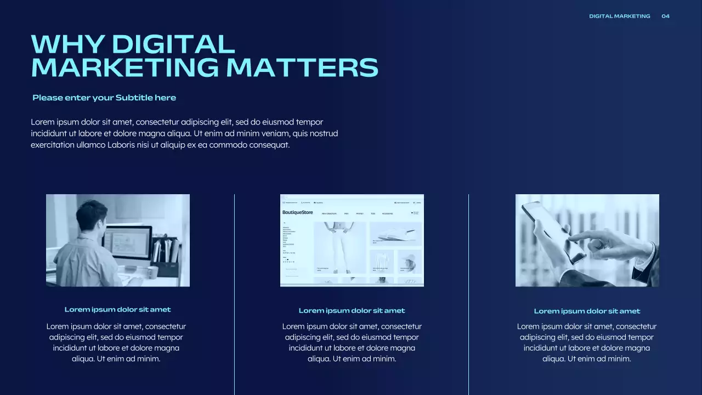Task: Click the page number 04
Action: click(665, 16)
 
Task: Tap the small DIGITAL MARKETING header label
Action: click(619, 16)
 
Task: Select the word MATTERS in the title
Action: click(302, 67)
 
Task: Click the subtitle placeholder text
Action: click(104, 98)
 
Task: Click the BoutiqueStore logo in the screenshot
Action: click(297, 212)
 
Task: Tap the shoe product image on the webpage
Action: click(395, 233)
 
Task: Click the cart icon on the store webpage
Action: click(412, 213)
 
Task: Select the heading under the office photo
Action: click(117, 309)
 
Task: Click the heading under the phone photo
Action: click(587, 311)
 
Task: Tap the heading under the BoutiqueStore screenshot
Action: click(352, 311)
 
